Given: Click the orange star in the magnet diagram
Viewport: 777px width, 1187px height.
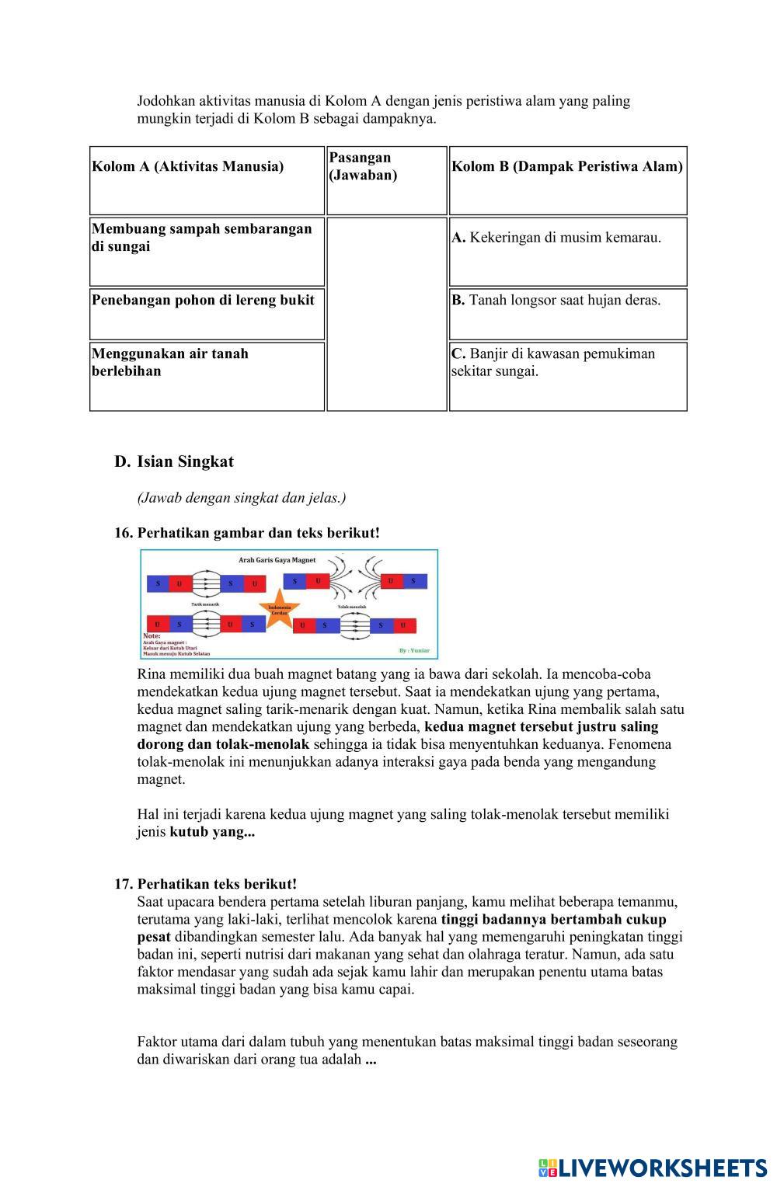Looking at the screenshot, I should (279, 611).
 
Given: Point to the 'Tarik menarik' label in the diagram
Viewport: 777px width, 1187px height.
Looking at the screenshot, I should (205, 604).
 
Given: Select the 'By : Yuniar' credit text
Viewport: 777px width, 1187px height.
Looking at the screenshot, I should (414, 650).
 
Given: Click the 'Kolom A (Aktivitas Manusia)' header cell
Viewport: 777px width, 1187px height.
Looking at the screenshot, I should (188, 166).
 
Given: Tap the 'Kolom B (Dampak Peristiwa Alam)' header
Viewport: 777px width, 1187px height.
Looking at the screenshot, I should (567, 166).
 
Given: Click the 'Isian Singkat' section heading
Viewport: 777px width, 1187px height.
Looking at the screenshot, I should (185, 461).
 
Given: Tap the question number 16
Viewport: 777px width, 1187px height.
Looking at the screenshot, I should (124, 533).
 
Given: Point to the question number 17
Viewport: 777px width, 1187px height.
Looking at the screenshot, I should (124, 884).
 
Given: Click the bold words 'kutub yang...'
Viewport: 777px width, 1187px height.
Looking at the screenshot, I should (212, 832).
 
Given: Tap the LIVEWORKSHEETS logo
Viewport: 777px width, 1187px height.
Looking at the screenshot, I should (652, 1167).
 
